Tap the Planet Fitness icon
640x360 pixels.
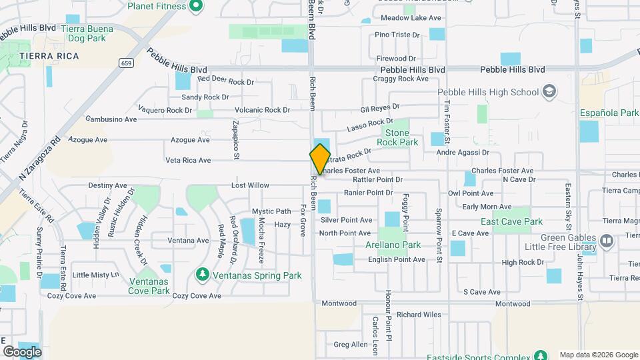195,7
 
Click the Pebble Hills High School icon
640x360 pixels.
549,92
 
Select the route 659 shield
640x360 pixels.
125,63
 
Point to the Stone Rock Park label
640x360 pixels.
397,137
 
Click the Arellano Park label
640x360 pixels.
402,245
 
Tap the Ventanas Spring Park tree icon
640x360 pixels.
202,275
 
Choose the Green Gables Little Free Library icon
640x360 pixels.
606,240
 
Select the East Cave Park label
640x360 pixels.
511,221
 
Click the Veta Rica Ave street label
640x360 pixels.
188,160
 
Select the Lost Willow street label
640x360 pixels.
250,185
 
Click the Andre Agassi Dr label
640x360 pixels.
463,153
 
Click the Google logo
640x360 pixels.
22,351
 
